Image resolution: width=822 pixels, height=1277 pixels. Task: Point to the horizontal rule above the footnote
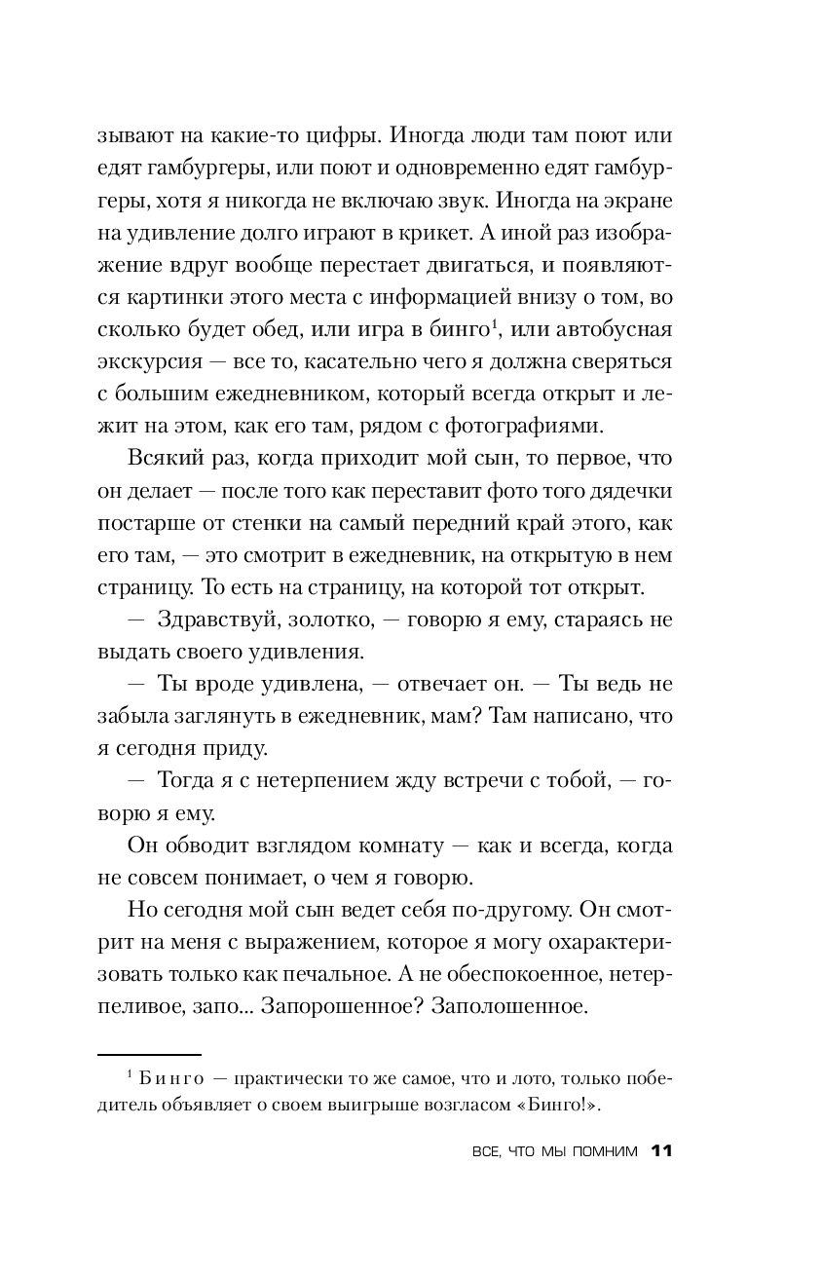point(150,1054)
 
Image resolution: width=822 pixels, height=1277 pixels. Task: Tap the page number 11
point(661,1151)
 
